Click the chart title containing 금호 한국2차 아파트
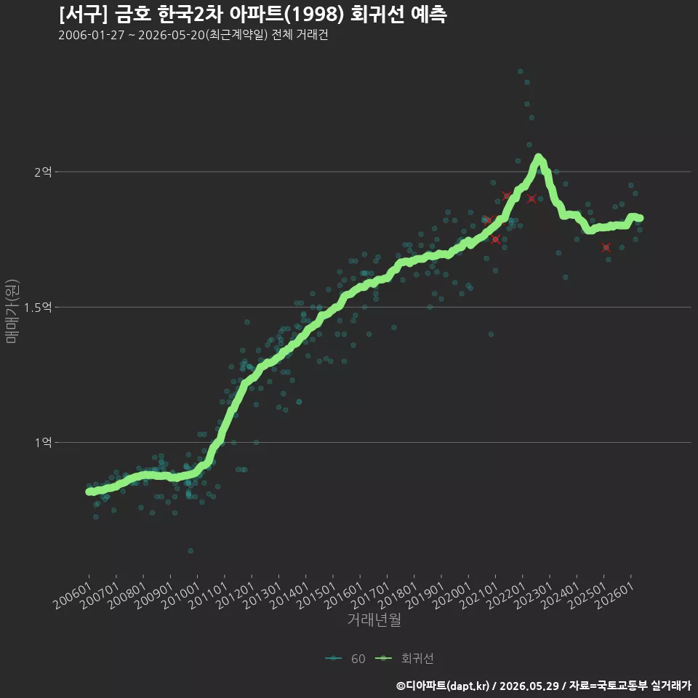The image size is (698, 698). click(x=253, y=15)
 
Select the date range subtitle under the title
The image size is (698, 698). click(x=193, y=35)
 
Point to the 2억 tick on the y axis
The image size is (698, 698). click(x=43, y=172)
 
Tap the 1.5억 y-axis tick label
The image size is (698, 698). click(x=38, y=307)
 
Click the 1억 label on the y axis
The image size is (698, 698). click(x=43, y=443)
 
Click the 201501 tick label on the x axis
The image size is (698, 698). click(x=316, y=595)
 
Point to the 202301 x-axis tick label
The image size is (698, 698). click(x=533, y=595)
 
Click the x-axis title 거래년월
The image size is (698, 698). click(x=374, y=619)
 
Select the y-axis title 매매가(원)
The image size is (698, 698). click(x=12, y=311)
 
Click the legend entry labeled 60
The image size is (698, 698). click(x=345, y=659)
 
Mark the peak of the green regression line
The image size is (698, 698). click(x=539, y=158)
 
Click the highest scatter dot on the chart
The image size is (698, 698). click(x=520, y=71)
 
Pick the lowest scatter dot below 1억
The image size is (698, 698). click(x=190, y=550)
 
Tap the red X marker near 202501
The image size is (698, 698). click(x=606, y=247)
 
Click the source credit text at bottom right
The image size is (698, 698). click(x=544, y=686)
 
